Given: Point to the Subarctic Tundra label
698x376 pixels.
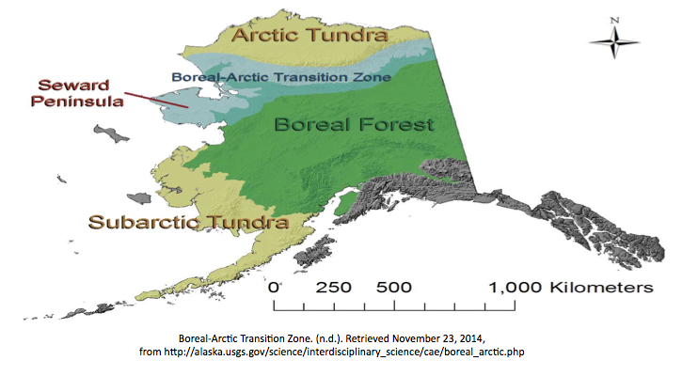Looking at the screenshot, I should click(187, 223).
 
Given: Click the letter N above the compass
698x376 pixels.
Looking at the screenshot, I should click(613, 19).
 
